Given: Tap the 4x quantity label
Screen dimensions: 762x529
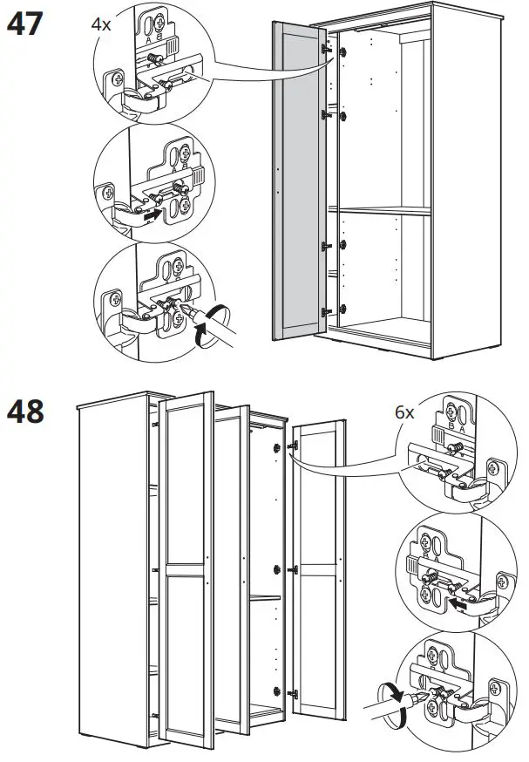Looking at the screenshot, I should [x=102, y=24].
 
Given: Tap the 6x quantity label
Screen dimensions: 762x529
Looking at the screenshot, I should [x=404, y=413].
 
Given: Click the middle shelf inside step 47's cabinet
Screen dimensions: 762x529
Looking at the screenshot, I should [x=383, y=209].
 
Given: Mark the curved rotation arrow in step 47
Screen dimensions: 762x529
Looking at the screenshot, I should [x=204, y=336].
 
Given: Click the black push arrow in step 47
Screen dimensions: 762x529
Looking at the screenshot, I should [x=153, y=212].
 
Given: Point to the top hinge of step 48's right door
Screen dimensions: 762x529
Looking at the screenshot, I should [x=294, y=446].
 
